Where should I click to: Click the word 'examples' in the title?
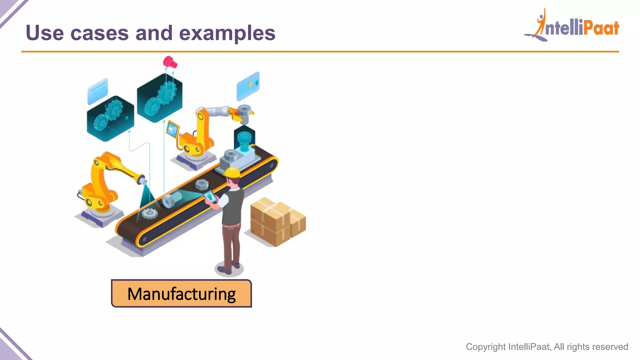pyautogui.click(x=227, y=33)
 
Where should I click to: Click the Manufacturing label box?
pyautogui.click(x=181, y=293)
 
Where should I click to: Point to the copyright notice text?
pyautogui.click(x=547, y=347)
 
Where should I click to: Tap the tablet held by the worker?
pyautogui.click(x=210, y=197)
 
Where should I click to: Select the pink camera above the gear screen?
pyautogui.click(x=170, y=62)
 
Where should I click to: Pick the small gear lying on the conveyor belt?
pyautogui.click(x=149, y=213)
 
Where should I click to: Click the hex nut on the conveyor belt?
pyautogui.click(x=202, y=184)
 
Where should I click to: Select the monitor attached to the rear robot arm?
pyautogui.click(x=172, y=129)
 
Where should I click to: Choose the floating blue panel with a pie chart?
pyautogui.click(x=248, y=86)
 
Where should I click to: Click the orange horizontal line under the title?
pyautogui.click(x=320, y=52)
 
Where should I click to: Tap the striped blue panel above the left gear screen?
pyautogui.click(x=98, y=91)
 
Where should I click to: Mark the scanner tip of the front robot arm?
pyautogui.click(x=143, y=181)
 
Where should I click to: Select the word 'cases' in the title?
pyautogui.click(x=99, y=33)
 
